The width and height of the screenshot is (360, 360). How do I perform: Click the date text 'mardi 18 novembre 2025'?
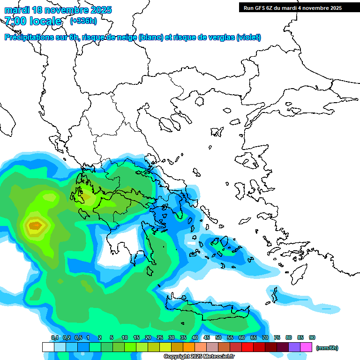pos(58,10)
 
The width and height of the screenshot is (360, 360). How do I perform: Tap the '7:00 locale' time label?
pos(33,21)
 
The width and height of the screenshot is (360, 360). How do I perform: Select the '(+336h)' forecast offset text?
pos(83,21)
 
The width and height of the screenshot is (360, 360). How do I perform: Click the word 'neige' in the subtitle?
pos(125,37)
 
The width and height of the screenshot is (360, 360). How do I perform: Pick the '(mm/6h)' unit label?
pos(327,348)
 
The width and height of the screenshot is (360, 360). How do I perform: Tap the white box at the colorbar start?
pos(48,347)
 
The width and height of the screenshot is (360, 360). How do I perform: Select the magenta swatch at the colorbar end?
pos(306,347)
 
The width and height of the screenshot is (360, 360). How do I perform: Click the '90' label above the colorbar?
pos(312,338)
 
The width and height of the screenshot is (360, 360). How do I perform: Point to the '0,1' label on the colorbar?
pos(54,338)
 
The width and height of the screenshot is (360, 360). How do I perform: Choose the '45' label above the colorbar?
pos(207,338)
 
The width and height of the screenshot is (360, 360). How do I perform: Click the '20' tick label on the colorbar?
pos(148,338)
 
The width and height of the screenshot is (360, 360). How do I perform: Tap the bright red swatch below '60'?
pos(247,347)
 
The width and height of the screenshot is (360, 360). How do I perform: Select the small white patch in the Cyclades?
pos(190,243)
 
